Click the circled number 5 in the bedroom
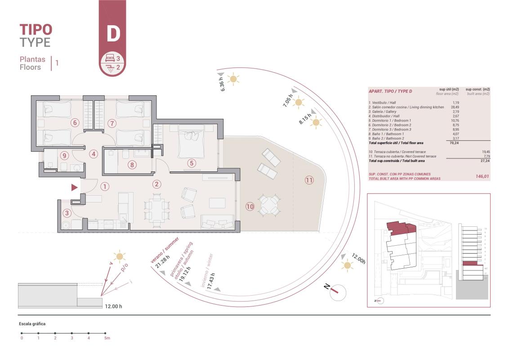tap(192, 163)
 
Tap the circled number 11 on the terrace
tap(309, 180)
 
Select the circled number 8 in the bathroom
tap(132, 165)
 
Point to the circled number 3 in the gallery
tap(67, 213)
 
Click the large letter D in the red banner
tap(112, 34)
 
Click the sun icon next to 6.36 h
tap(233, 79)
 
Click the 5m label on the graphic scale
tap(107, 337)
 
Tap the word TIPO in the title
tap(36, 30)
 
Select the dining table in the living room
tap(157, 208)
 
